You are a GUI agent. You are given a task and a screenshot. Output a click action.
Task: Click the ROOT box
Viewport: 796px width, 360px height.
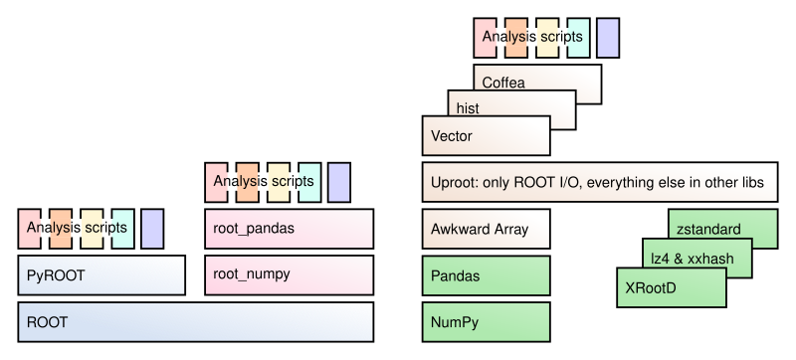[195, 322]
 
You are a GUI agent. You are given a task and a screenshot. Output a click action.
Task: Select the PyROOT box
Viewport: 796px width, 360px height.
[101, 275]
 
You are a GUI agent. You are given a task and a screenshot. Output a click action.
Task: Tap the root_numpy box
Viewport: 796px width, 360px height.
[289, 275]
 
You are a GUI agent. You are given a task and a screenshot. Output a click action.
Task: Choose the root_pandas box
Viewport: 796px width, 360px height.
[289, 229]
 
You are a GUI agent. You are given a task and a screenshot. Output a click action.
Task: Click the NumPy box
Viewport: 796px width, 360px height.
[486, 322]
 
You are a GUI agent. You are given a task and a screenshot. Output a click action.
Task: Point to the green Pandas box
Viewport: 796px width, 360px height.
[486, 275]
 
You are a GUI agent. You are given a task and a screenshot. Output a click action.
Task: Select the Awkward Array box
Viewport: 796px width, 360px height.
[486, 229]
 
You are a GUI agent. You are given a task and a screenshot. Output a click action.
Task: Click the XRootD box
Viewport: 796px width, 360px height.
[671, 287]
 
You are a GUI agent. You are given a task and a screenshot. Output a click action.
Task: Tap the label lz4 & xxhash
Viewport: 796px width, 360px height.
[692, 260]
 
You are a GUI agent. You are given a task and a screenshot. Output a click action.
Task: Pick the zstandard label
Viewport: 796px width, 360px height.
[708, 230]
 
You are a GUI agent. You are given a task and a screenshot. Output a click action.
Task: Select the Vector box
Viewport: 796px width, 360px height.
[486, 135]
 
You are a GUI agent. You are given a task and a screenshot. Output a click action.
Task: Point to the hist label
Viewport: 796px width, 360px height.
[468, 108]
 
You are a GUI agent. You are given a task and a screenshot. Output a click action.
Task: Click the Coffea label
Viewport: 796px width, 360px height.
[503, 83]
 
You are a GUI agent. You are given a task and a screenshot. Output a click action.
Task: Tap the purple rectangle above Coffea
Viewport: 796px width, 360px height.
[608, 38]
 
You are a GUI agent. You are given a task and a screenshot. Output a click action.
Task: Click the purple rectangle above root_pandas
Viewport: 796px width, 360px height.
[338, 183]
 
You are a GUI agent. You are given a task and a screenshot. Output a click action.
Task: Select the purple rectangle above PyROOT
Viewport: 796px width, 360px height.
[152, 229]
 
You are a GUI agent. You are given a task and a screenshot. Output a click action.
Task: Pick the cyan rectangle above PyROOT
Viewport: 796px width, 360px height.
[122, 229]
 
